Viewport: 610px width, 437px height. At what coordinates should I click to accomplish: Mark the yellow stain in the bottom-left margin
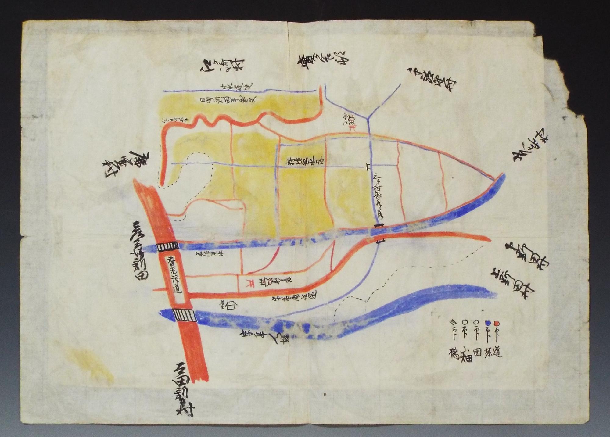(x=91, y=366)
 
